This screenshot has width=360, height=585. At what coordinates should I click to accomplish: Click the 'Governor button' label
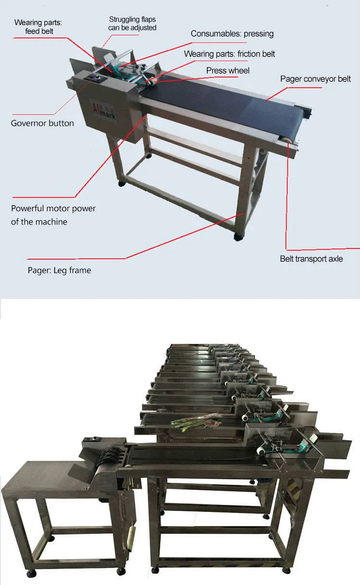click(42, 123)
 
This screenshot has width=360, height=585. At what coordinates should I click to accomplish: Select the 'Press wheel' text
click(228, 71)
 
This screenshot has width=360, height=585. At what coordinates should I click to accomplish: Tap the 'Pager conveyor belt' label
click(315, 79)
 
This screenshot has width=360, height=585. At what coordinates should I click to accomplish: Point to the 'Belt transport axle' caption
click(311, 259)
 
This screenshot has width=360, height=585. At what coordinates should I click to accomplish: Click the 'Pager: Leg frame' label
click(59, 270)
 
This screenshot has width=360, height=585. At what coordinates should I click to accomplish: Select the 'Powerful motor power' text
click(53, 209)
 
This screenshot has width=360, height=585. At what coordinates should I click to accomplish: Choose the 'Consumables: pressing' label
click(232, 34)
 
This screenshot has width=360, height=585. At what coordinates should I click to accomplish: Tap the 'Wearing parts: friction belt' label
click(229, 54)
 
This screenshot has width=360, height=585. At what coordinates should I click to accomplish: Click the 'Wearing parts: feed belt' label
click(39, 27)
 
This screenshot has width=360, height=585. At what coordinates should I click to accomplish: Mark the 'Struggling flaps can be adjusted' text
click(132, 24)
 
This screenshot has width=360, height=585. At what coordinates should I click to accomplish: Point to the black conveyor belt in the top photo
click(226, 101)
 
